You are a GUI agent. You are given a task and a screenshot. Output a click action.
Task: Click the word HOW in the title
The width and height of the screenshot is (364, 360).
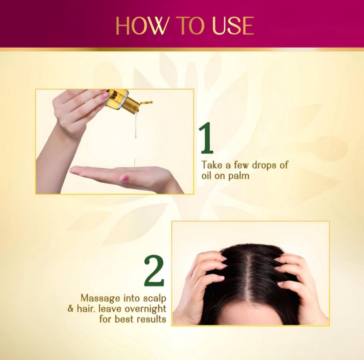click(x=141, y=26)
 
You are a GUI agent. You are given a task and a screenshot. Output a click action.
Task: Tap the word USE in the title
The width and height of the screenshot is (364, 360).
click(x=233, y=26)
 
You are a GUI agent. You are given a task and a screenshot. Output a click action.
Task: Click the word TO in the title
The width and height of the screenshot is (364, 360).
click(x=190, y=26)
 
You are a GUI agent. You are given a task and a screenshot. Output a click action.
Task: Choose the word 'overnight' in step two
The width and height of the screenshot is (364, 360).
click(x=146, y=309)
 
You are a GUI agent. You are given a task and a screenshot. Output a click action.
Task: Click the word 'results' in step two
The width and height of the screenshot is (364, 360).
click(x=151, y=319)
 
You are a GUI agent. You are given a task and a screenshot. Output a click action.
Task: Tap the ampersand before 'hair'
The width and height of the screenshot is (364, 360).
click(x=70, y=309)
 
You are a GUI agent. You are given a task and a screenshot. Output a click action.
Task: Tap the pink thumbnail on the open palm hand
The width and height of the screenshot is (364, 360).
click(x=124, y=179)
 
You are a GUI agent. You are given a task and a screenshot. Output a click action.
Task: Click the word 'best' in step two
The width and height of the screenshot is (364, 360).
click(x=125, y=319)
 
